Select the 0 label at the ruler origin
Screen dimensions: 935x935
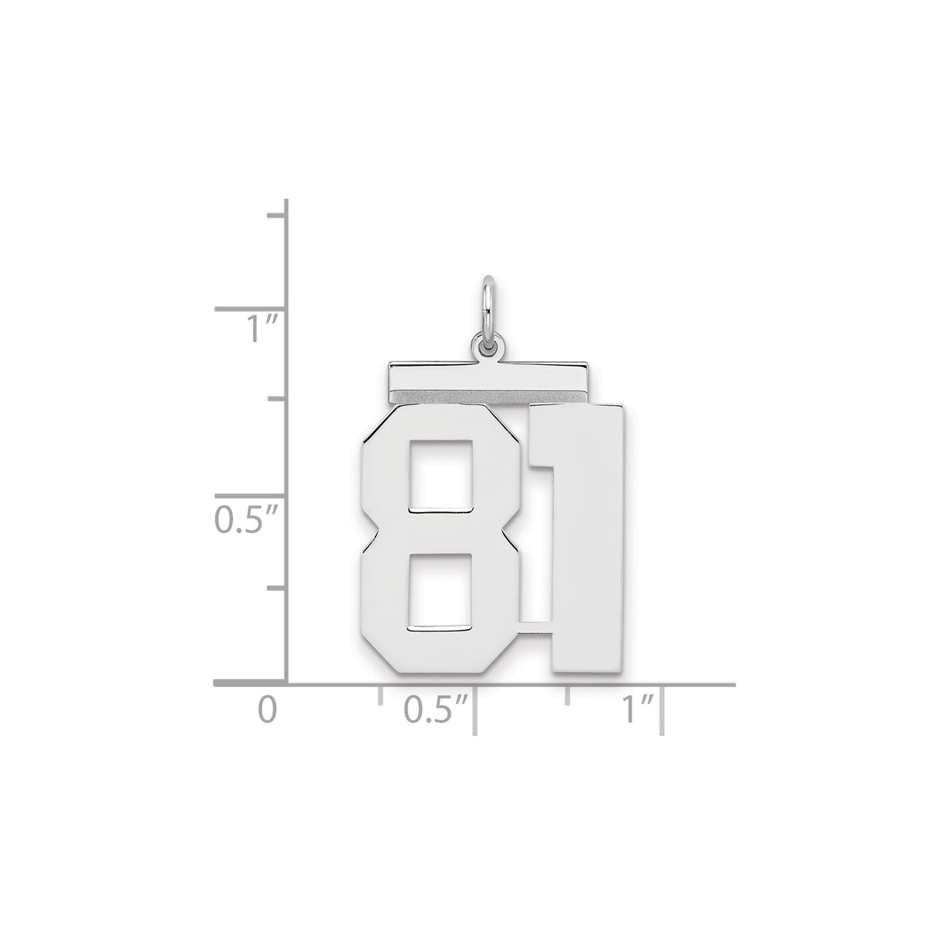coord(266,709)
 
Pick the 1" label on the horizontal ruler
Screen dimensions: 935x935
coord(638,709)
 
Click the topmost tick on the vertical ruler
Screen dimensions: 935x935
coord(276,216)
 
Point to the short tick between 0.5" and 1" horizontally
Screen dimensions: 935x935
coord(568,695)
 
